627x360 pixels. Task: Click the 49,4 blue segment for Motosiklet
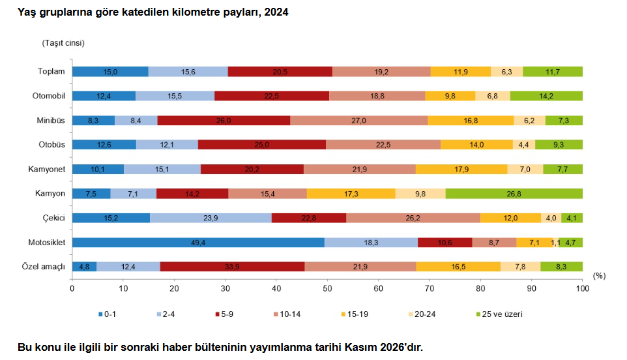(198, 243)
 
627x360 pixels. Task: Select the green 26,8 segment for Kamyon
(514, 194)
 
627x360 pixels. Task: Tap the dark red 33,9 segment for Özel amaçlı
(232, 267)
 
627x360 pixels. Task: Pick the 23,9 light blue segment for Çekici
(211, 218)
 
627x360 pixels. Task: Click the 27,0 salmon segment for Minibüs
(359, 120)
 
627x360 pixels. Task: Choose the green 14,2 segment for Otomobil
(546, 96)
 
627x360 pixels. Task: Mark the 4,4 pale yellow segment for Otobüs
(524, 145)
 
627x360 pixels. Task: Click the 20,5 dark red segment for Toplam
(280, 72)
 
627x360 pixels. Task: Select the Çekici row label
(53, 218)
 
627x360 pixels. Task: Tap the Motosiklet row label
(46, 243)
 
